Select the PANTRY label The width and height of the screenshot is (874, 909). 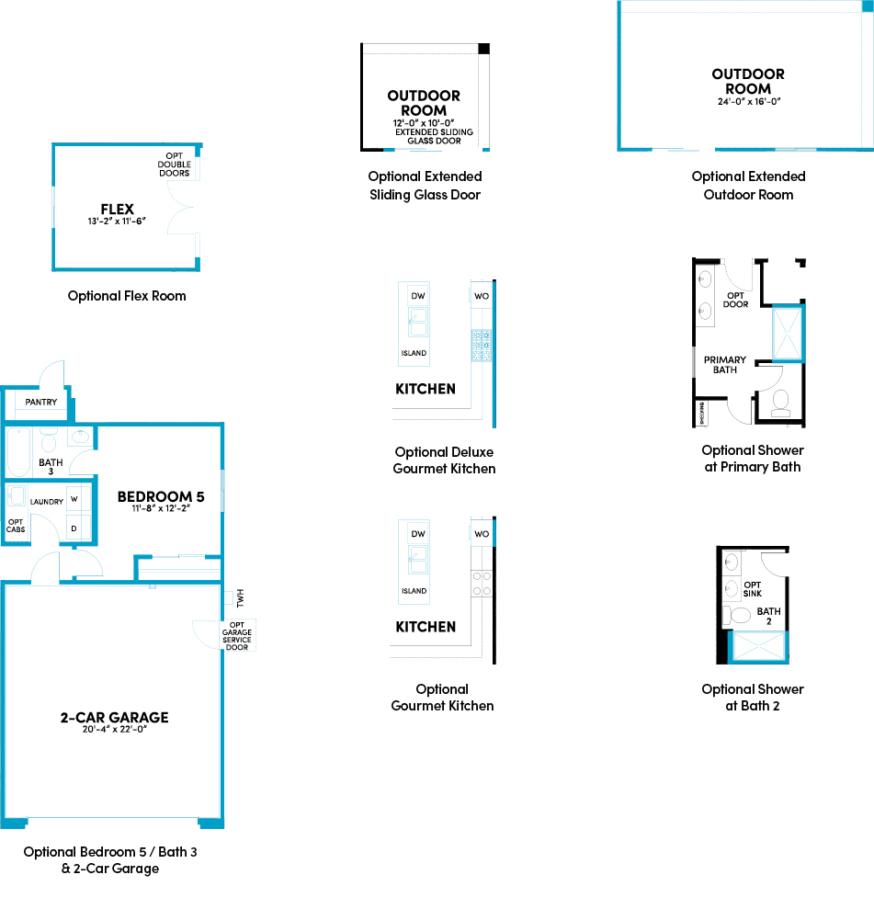pos(40,403)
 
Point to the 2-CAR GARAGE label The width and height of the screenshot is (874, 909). pos(108,718)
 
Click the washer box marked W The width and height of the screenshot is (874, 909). pos(74,500)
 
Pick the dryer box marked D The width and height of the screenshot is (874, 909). pos(74,528)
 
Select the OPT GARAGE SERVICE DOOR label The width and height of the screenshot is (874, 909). pos(236,634)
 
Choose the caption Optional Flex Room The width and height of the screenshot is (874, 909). pos(127,296)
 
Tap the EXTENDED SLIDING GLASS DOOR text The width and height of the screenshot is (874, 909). pos(434,137)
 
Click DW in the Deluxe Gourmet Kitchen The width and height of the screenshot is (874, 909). pos(418,296)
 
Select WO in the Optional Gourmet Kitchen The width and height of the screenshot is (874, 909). pos(482,534)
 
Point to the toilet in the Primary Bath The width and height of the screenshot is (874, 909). pos(782,402)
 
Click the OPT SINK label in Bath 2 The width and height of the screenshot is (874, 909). pos(752,589)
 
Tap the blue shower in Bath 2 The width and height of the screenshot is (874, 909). pos(758,647)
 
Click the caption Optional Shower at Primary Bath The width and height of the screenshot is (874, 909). pos(752,459)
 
